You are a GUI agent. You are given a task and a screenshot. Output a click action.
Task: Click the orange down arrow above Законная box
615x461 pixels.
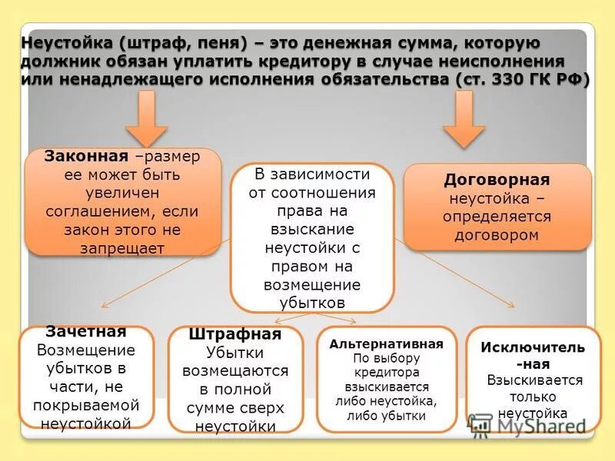click(x=147, y=118)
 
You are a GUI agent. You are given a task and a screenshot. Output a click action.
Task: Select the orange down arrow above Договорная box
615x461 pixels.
click(x=464, y=118)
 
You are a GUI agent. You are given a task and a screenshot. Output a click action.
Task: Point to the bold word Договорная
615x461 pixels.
click(x=497, y=180)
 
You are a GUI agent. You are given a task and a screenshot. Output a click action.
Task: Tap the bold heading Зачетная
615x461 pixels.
click(x=85, y=332)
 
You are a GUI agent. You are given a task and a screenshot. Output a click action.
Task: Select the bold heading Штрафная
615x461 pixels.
click(x=235, y=335)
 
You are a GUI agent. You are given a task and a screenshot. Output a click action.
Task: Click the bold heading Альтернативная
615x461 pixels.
click(x=387, y=343)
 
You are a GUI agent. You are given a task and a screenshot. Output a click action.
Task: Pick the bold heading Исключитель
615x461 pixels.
click(x=533, y=347)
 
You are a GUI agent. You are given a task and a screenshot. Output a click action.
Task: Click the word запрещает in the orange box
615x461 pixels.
click(x=122, y=247)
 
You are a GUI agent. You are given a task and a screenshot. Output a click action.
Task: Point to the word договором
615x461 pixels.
click(x=497, y=235)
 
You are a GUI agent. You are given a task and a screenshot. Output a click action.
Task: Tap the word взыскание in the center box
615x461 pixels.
click(x=312, y=230)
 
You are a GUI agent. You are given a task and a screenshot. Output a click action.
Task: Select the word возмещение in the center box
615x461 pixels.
click(x=312, y=285)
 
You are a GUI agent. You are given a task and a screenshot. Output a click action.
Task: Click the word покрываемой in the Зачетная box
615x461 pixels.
click(x=85, y=405)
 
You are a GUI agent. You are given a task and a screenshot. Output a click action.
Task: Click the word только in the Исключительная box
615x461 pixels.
click(x=533, y=397)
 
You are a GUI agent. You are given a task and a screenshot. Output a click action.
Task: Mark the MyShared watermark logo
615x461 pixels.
click(x=530, y=426)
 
